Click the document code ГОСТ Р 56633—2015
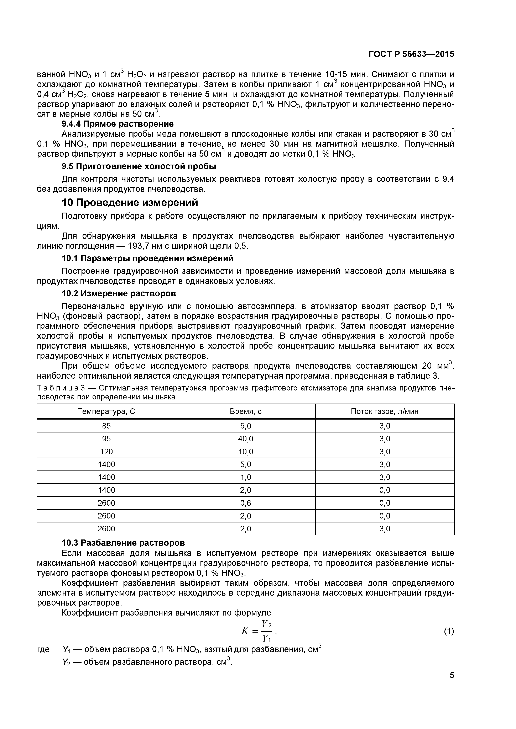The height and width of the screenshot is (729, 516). point(411,54)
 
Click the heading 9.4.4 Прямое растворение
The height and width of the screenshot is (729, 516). point(118,124)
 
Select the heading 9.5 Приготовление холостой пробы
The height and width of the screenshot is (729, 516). point(139,166)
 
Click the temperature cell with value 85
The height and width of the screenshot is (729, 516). point(106,426)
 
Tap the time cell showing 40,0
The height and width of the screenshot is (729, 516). point(246,439)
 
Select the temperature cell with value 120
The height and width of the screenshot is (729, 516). point(106,452)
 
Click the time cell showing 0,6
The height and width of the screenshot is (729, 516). point(246,503)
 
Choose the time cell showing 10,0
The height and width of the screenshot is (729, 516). point(246,452)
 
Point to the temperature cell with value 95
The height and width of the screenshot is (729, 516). point(106,439)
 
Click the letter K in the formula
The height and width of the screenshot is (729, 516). point(245,631)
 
